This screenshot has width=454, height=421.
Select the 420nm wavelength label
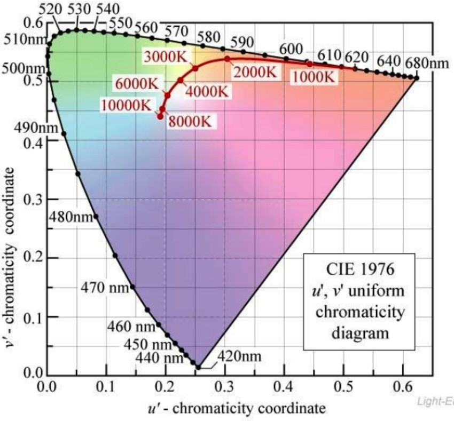pos(237,356)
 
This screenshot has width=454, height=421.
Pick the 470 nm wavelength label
pos(105,288)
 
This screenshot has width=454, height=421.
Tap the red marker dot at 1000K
pos(310,63)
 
